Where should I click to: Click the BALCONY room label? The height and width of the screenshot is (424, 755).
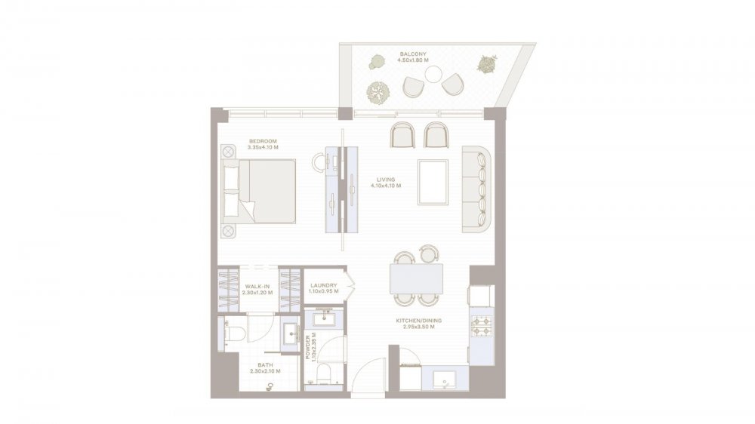coord(413,54)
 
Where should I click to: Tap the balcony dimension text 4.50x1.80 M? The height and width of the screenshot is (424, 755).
coord(413,60)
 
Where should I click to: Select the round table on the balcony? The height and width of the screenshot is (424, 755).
coord(433,74)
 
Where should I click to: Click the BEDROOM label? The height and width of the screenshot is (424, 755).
coord(263,141)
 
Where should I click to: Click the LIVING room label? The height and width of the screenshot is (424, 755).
coord(386,180)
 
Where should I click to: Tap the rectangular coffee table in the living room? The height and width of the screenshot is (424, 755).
coord(433,183)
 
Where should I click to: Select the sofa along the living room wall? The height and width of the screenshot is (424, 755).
coord(476,189)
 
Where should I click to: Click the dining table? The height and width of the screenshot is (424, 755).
coord(417,278)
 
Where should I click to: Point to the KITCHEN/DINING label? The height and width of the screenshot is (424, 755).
coord(418,321)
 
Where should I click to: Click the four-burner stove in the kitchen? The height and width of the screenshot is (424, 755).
coord(482,326)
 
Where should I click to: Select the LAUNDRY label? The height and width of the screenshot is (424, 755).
coord(324,285)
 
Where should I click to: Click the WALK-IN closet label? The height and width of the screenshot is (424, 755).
coord(257,287)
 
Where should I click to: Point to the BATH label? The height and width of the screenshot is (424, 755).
coord(265,365)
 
